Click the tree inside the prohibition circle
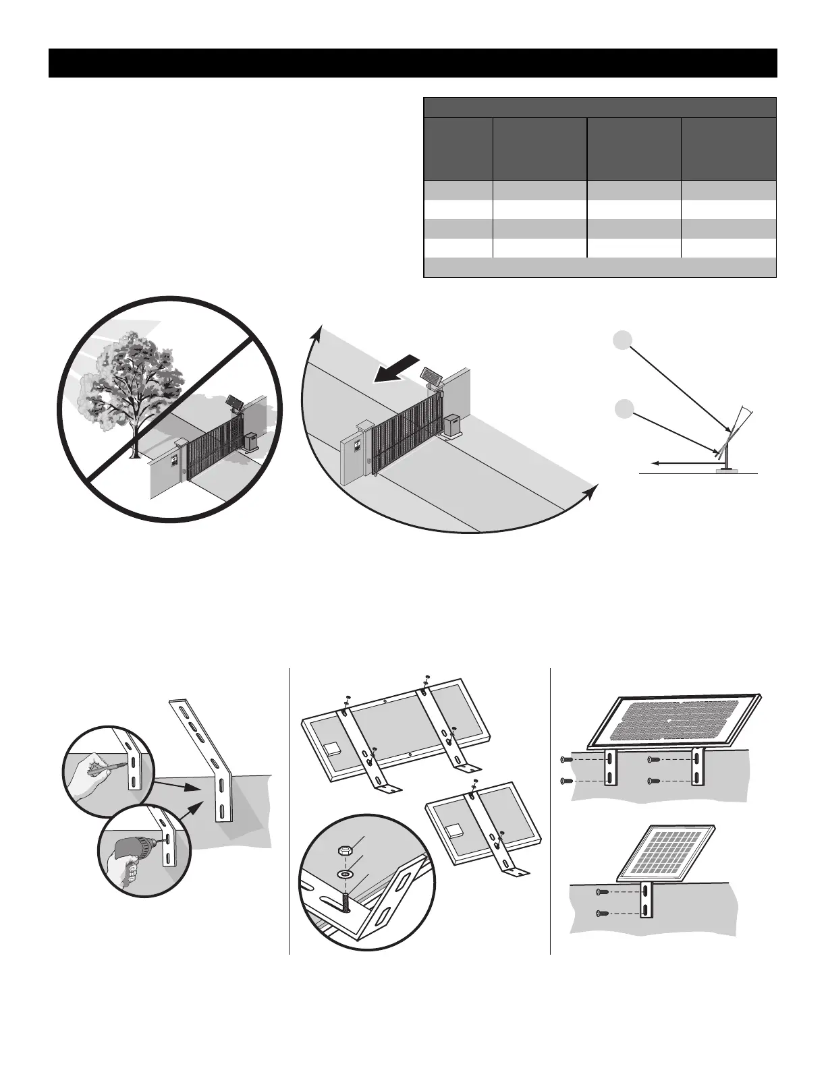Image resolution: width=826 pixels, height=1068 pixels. pyautogui.click(x=128, y=384)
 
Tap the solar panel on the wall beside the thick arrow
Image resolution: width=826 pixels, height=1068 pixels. pyautogui.click(x=430, y=374)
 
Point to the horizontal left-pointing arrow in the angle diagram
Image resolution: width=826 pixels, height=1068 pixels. pyautogui.click(x=682, y=463)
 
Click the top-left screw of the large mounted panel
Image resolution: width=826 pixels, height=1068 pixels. pyautogui.click(x=566, y=760)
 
